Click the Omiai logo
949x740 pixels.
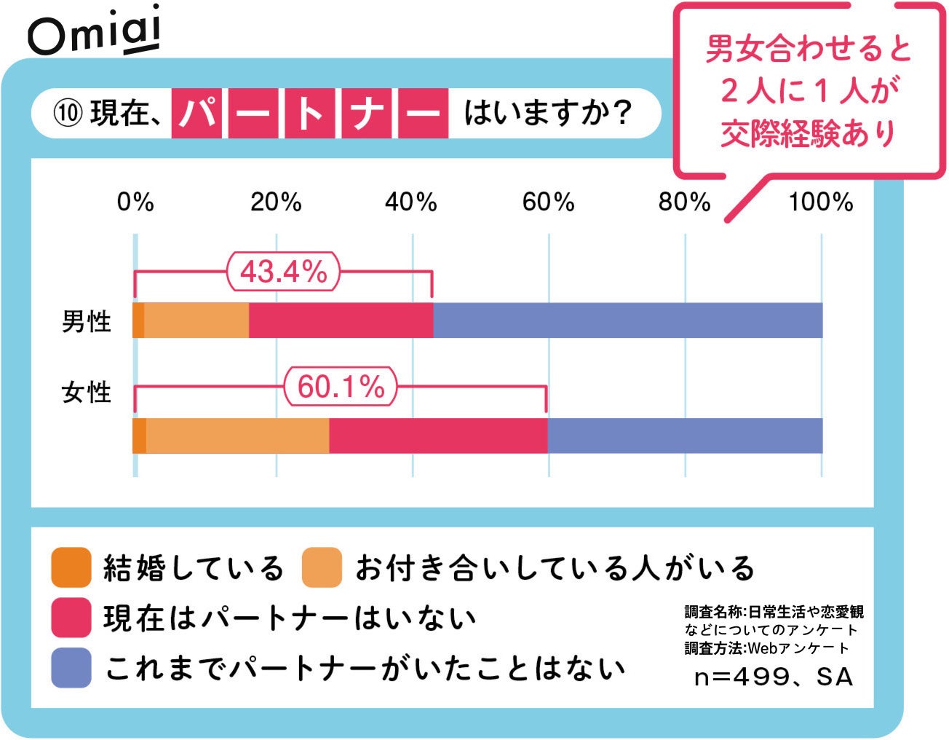tap(94, 32)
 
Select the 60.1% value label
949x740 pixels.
tap(341, 386)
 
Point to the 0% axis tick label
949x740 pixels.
tap(135, 202)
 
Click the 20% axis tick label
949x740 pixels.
tap(276, 202)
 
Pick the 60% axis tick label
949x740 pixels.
tap(548, 202)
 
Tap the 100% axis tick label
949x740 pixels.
tap(820, 202)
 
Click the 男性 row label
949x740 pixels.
tap(87, 321)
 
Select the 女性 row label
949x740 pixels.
tap(87, 393)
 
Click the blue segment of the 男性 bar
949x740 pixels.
tap(627, 320)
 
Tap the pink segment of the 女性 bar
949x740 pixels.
tap(437, 436)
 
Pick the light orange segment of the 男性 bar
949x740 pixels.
tap(196, 320)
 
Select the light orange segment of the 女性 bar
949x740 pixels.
tap(237, 436)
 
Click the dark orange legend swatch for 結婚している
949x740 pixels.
tap(71, 567)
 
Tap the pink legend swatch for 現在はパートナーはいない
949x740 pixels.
tap(71, 618)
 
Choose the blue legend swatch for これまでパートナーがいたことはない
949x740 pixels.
tap(71, 668)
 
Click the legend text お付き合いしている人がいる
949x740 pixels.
tap(555, 568)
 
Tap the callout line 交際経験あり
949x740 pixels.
tap(808, 134)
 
